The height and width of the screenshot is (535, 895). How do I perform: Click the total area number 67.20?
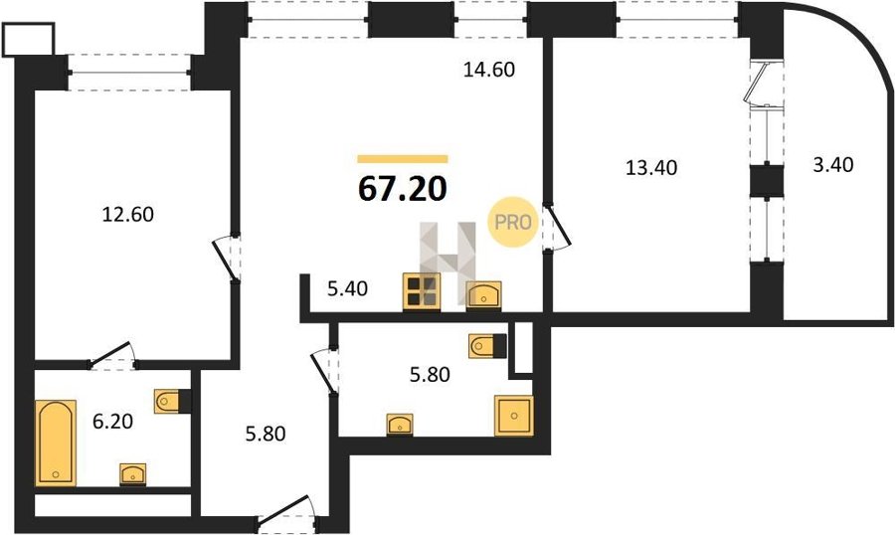click(402, 189)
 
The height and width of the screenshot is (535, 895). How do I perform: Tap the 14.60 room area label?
click(489, 70)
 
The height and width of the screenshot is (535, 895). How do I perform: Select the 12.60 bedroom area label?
click(128, 215)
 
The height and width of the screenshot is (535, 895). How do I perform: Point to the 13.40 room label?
click(651, 168)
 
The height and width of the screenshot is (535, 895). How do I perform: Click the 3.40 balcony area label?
click(832, 165)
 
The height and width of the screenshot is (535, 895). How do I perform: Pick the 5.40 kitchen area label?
click(347, 289)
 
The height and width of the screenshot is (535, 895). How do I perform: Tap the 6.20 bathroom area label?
click(112, 422)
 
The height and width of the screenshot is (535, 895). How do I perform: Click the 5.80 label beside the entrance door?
click(265, 434)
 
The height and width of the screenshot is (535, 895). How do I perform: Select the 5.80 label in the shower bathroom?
click(430, 375)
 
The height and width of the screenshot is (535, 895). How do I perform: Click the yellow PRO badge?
click(512, 222)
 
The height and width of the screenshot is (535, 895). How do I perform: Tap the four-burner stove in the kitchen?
click(422, 291)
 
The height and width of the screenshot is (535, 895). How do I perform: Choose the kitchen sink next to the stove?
click(484, 295)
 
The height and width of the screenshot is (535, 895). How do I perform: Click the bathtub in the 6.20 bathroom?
click(56, 444)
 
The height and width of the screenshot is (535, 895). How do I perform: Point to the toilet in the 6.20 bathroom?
click(172, 402)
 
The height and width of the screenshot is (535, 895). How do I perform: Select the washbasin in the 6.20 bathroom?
click(133, 474)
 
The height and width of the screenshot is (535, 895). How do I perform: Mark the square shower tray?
click(514, 416)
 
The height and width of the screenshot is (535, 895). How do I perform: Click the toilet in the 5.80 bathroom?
click(487, 346)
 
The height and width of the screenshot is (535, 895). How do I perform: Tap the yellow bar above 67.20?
click(403, 159)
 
